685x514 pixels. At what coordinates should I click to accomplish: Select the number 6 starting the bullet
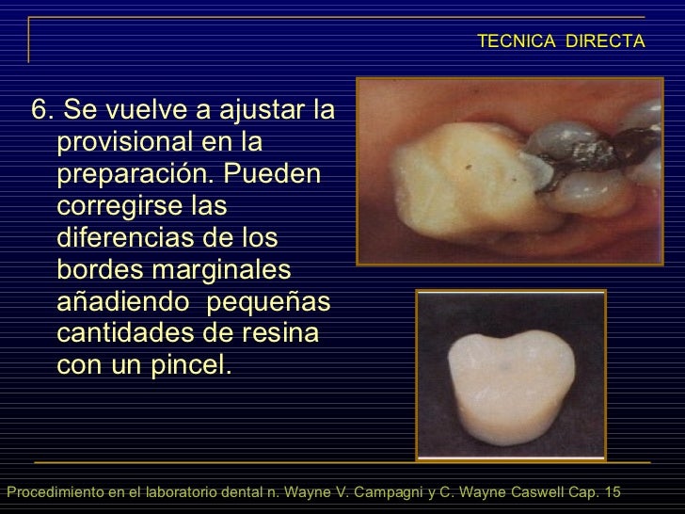tap(40, 111)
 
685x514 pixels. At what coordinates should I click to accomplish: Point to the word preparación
tap(140, 175)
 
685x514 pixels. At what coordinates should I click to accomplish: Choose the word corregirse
tap(116, 206)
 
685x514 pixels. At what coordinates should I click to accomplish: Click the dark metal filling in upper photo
tap(565, 151)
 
